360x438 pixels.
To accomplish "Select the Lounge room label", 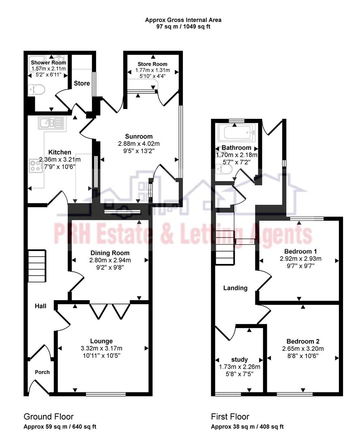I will pyautogui.click(x=101, y=341).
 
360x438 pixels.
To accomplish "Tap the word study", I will pyautogui.click(x=240, y=359).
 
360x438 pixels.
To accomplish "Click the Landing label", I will pyautogui.click(x=236, y=288).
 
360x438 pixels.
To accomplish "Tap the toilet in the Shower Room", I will pyautogui.click(x=36, y=90).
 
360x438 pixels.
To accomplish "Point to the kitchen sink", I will pyautogui.click(x=51, y=122).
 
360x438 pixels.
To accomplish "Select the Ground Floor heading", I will pyautogui.click(x=49, y=417).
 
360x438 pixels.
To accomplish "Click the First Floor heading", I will pyautogui.click(x=230, y=417).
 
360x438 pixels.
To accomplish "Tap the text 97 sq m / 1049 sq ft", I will pyautogui.click(x=183, y=27).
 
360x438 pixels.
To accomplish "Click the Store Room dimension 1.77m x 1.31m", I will pyautogui.click(x=152, y=70).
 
